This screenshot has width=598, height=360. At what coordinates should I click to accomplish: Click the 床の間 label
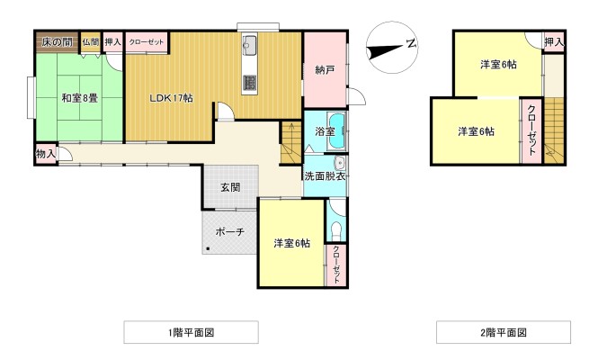click(x=56, y=41)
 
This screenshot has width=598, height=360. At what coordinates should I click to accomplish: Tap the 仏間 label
click(x=91, y=41)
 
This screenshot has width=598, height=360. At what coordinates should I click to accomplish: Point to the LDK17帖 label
click(x=171, y=97)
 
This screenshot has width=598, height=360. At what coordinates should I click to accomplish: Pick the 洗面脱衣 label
click(x=324, y=175)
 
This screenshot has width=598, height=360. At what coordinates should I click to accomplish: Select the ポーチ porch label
click(x=229, y=231)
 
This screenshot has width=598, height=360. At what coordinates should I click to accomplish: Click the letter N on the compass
click(x=410, y=43)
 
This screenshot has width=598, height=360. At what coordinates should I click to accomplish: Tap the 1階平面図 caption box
click(x=191, y=332)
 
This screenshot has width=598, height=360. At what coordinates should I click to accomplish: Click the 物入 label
click(x=46, y=154)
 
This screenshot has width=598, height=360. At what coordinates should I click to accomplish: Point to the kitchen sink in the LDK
click(x=250, y=47)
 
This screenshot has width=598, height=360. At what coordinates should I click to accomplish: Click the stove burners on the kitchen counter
click(x=250, y=84)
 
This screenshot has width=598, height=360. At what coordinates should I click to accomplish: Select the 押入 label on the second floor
click(x=554, y=41)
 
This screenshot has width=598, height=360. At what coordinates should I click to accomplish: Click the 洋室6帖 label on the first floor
click(x=292, y=243)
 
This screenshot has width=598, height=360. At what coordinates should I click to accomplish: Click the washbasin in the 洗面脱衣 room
click(x=340, y=163)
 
